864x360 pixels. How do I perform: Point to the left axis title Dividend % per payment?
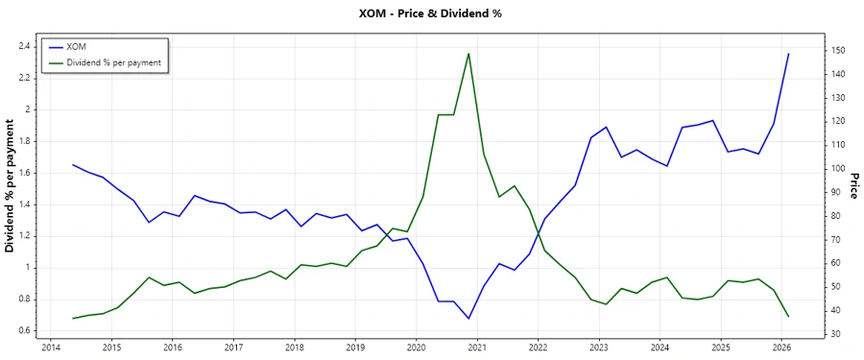[11, 191]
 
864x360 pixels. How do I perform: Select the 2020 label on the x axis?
[416, 348]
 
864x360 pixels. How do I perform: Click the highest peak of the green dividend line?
[468, 54]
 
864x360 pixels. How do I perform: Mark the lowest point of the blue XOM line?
[468, 319]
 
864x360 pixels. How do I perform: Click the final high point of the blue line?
[788, 54]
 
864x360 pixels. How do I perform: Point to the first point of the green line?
[73, 319]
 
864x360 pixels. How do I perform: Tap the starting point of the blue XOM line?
[73, 164]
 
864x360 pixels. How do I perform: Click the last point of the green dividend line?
[788, 316]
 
